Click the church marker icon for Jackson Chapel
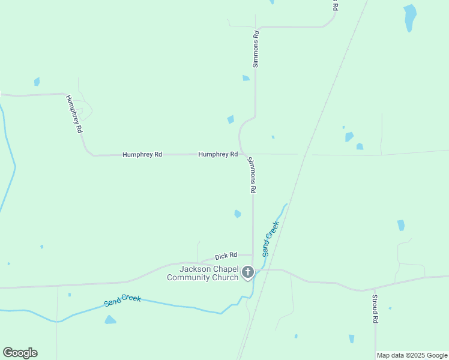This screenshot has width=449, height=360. [247, 273]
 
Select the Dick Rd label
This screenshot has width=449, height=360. [226, 256]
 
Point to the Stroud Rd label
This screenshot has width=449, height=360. [375, 309]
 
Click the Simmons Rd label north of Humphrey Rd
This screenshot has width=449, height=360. [256, 49]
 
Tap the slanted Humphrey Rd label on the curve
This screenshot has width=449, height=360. [74, 114]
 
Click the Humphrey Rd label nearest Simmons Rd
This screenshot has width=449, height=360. [218, 154]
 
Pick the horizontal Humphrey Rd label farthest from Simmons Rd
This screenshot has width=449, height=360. [142, 154]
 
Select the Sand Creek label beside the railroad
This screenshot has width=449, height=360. [271, 239]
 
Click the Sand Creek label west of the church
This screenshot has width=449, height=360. [122, 300]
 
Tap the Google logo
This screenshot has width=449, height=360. [20, 353]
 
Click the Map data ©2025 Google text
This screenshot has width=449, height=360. [412, 355]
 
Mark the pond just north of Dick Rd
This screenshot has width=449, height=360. [238, 214]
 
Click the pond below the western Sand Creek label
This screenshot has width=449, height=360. [110, 320]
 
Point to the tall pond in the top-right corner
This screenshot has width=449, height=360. [410, 17]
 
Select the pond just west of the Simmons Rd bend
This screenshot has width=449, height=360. [231, 119]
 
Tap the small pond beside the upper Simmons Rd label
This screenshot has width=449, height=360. [246, 78]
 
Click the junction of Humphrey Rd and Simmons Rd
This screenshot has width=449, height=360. [243, 154]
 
